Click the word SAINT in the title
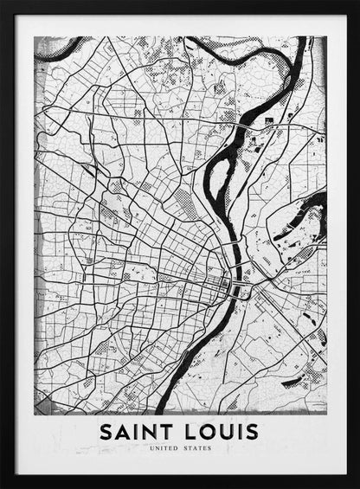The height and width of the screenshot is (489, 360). pos(138,430)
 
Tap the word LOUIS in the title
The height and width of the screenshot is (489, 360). pos(221,430)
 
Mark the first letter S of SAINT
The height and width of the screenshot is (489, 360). pos(106,430)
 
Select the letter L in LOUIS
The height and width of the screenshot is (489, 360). pos(188,430)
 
